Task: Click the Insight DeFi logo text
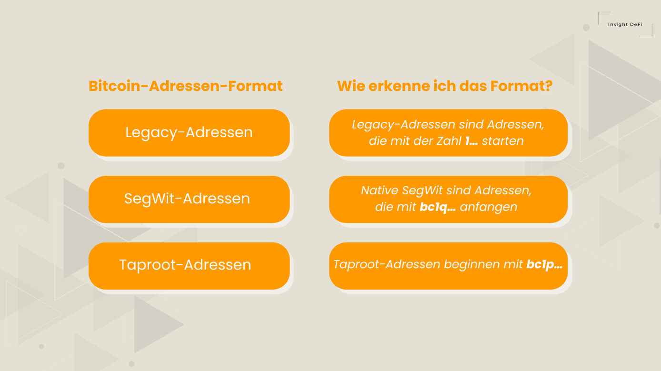tap(624, 24)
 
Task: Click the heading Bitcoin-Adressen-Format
tap(186, 86)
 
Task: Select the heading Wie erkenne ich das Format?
tap(444, 86)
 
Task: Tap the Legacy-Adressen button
tap(189, 132)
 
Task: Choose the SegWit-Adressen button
tap(189, 199)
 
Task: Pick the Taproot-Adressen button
tap(189, 265)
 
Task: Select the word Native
tap(380, 191)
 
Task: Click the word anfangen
tap(488, 207)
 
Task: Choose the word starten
tap(503, 141)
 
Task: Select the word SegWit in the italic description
tap(422, 191)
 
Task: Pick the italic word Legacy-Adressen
tap(404, 125)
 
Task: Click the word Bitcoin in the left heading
tap(117, 86)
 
